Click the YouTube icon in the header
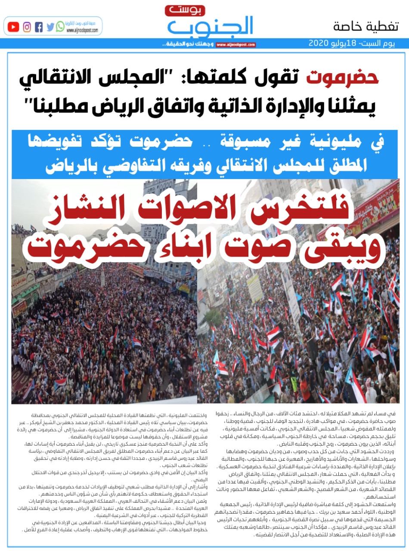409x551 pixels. [x=13, y=27]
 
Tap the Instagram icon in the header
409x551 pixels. [x=27, y=27]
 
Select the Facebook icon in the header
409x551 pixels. [x=39, y=27]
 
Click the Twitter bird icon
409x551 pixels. [x=50, y=27]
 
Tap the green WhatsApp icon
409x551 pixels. [x=60, y=27]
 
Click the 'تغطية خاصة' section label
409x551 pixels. [x=366, y=26]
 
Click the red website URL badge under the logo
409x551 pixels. [x=235, y=44]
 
